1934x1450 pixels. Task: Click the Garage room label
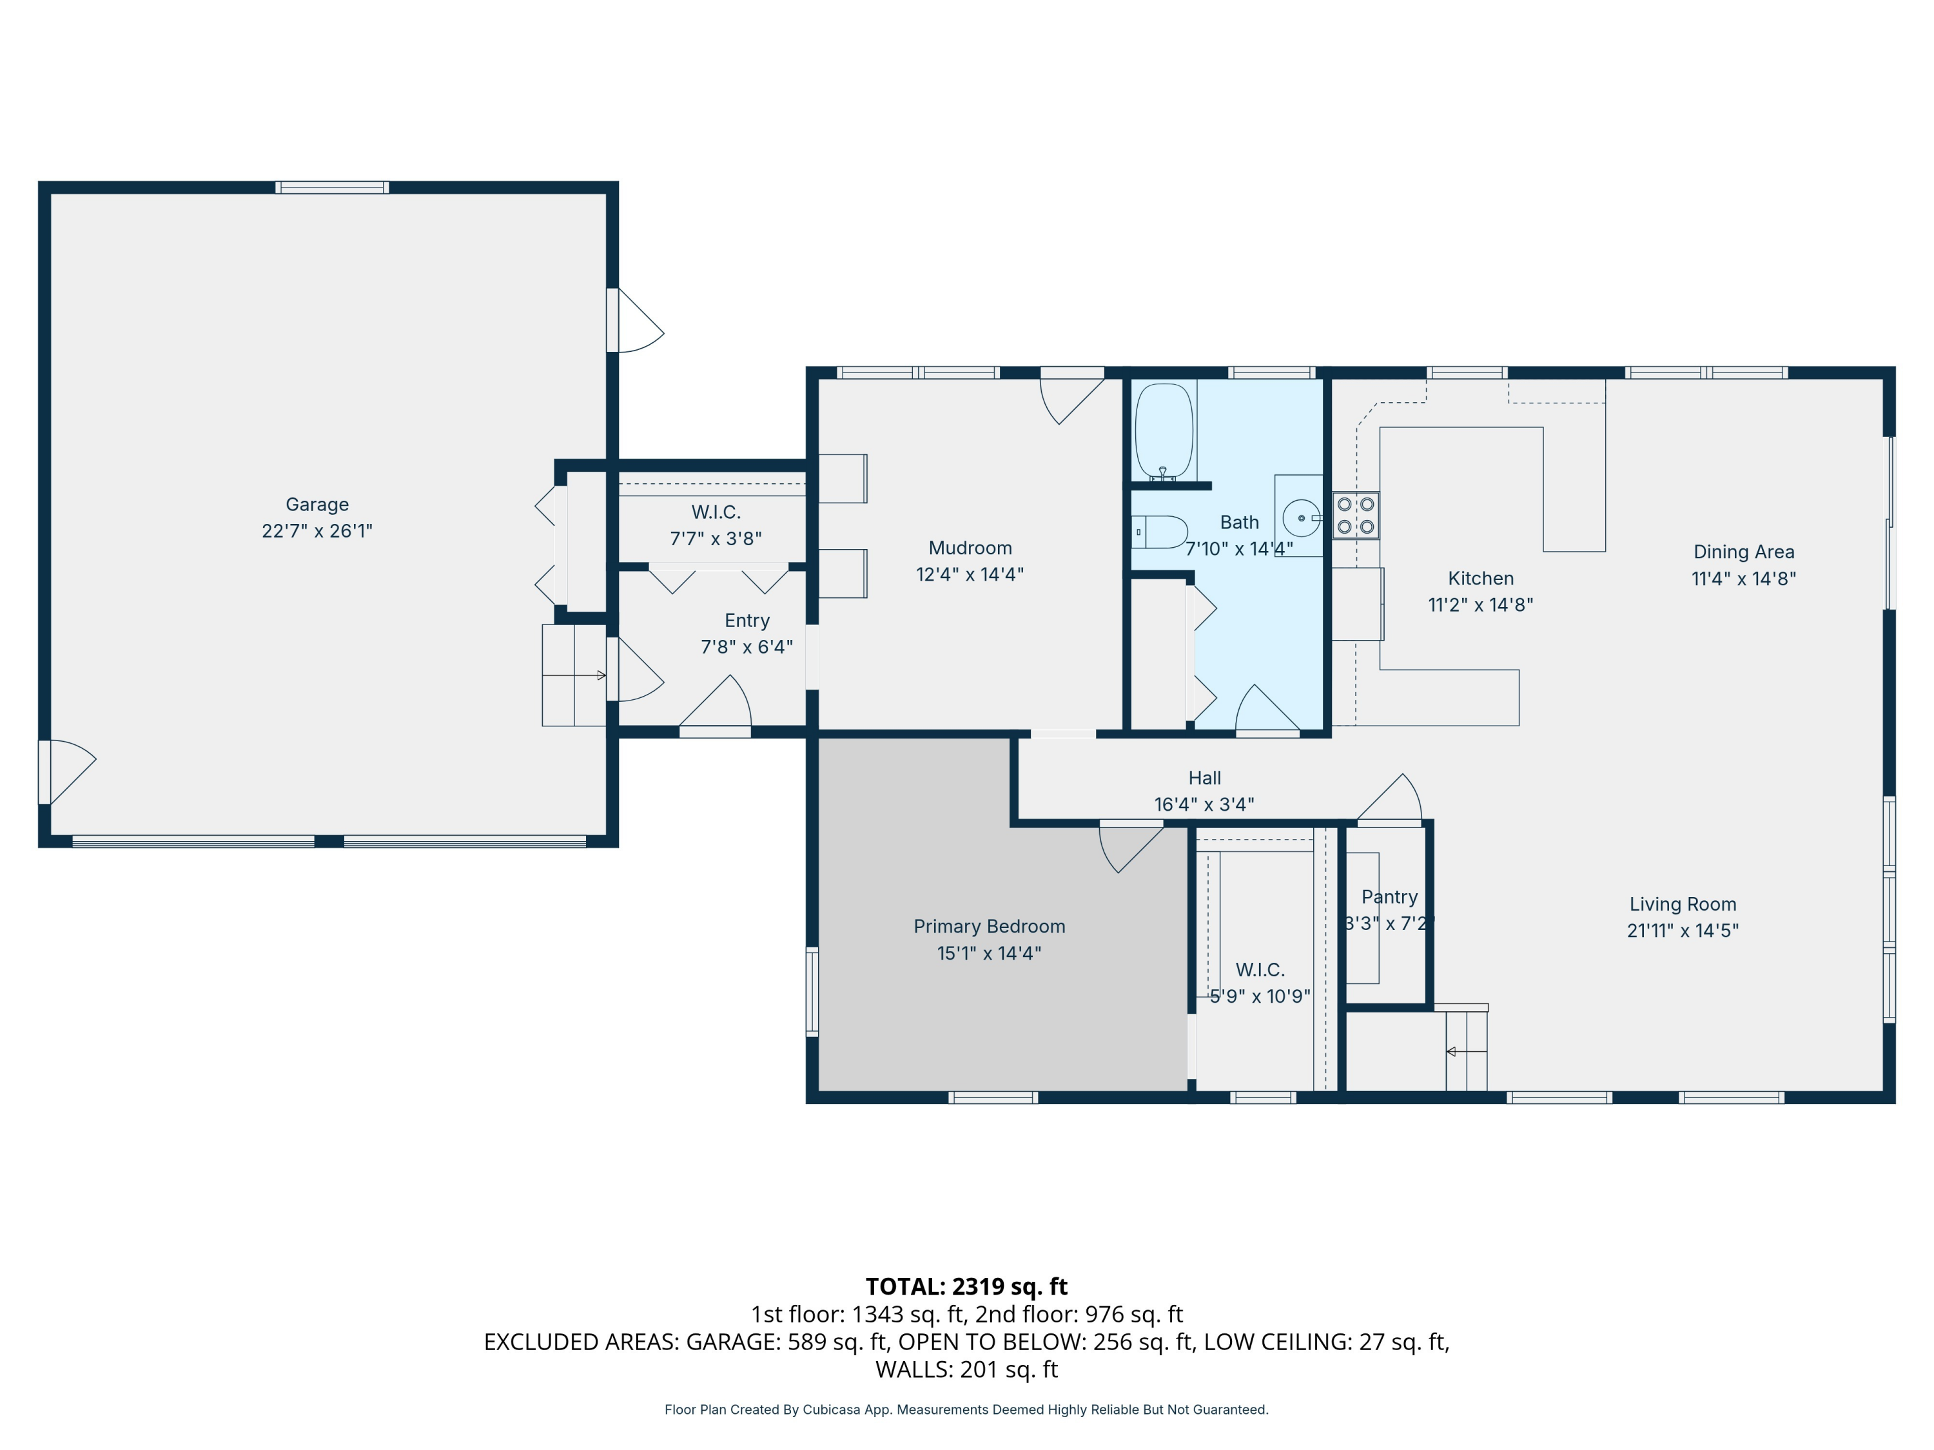317,505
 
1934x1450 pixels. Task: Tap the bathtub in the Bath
1164,431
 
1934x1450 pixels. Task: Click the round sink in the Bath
1301,518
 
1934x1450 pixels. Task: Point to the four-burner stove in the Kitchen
1355,516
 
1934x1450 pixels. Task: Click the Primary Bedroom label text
989,927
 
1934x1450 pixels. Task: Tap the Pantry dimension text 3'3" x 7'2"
1389,923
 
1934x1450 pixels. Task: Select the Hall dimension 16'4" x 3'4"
1204,804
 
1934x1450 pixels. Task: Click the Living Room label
1682,905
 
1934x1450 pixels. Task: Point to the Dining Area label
1743,552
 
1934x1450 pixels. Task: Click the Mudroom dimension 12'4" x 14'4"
970,574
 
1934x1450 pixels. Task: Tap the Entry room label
747,621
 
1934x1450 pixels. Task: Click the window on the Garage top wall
332,187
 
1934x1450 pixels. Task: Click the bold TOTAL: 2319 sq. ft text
966,1286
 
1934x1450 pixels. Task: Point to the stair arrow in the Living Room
1466,1052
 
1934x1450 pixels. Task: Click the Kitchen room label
1480,579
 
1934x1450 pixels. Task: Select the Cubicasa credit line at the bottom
966,1410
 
